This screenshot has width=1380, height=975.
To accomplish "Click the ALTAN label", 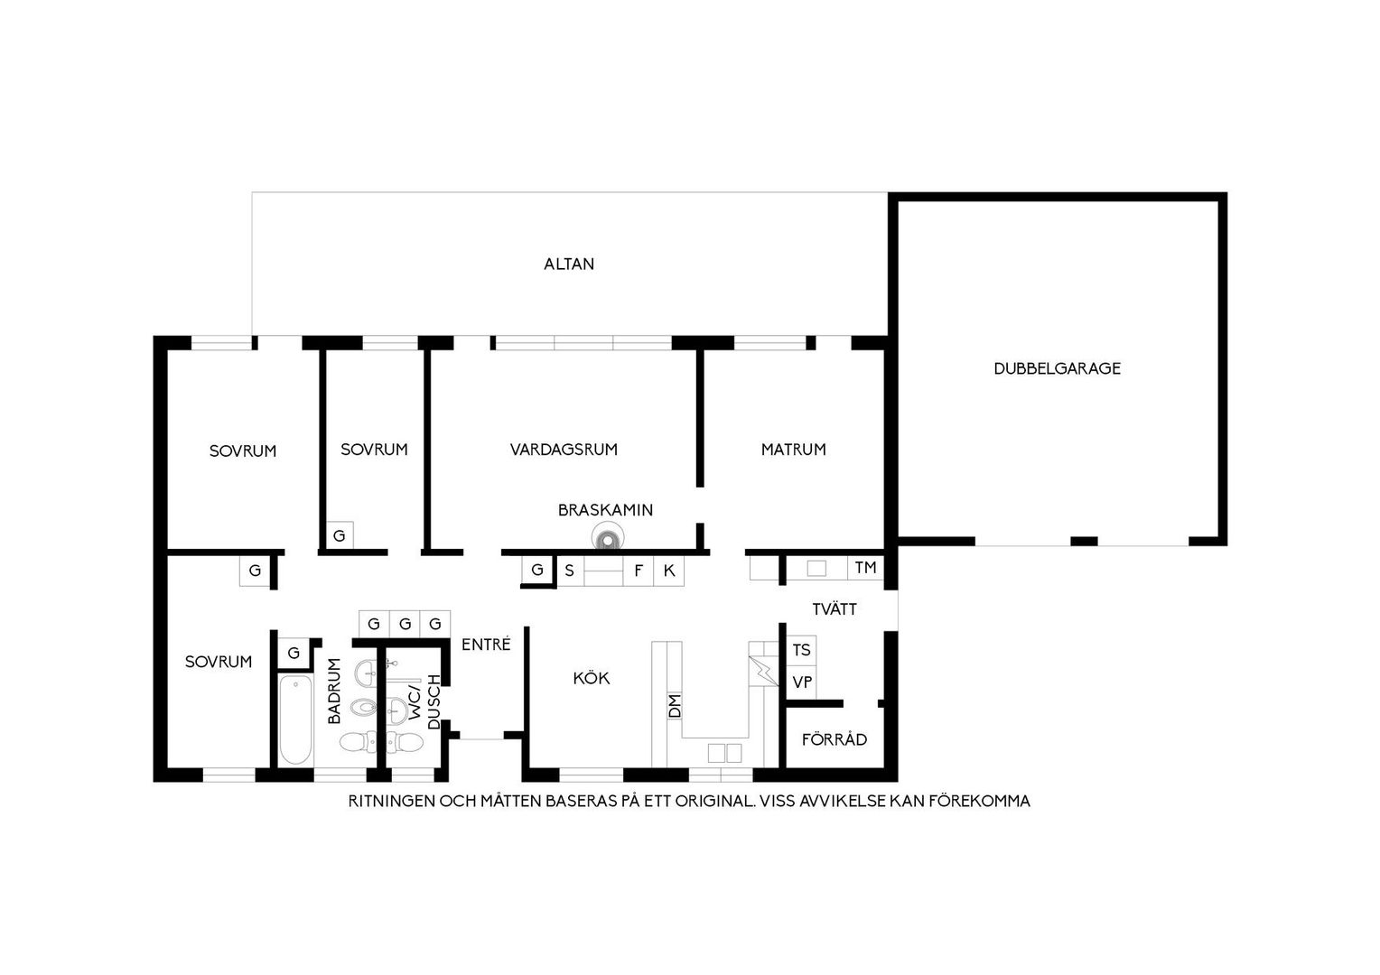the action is (x=569, y=265).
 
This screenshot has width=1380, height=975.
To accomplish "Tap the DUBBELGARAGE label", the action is (x=1057, y=368).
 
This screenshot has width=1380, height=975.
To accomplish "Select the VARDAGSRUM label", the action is (x=563, y=450).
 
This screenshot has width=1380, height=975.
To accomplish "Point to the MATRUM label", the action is (x=793, y=450).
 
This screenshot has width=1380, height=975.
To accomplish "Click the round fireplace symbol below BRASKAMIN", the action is (x=608, y=538).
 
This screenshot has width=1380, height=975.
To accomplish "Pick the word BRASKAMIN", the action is (x=605, y=510).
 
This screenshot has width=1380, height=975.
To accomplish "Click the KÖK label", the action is (x=591, y=677).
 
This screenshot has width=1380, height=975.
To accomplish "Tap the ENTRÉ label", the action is (x=486, y=645).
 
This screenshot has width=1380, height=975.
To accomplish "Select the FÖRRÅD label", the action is (x=835, y=738).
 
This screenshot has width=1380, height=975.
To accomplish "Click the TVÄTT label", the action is (x=835, y=608).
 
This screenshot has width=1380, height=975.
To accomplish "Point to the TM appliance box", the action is (x=865, y=567).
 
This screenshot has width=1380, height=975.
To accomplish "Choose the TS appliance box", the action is (x=801, y=650).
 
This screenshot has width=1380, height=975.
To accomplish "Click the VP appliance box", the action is (x=801, y=682).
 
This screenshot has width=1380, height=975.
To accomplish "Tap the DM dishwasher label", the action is (x=675, y=705).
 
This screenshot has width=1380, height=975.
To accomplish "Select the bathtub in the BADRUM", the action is (x=295, y=720).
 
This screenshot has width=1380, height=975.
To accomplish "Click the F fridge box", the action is (x=639, y=571).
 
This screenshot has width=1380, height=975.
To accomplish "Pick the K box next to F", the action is (x=669, y=571).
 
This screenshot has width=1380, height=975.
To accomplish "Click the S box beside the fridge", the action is (x=570, y=571).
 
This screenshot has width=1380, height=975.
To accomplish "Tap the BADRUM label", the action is (x=334, y=691).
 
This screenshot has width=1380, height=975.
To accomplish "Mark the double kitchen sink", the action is (x=724, y=753).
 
